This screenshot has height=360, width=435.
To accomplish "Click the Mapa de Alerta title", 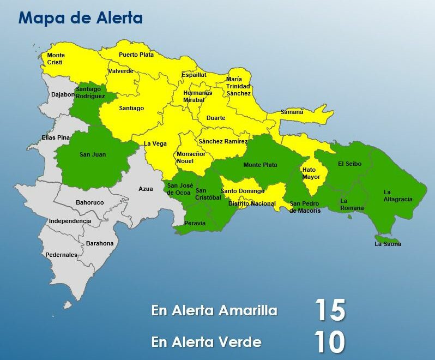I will click(81, 17).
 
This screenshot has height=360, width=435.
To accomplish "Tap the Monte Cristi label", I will click(56, 59).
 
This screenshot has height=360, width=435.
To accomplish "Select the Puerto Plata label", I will click(136, 55).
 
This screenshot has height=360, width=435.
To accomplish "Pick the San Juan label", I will click(93, 154).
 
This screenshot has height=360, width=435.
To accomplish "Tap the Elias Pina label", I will click(56, 138).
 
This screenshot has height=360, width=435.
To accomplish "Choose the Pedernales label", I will click(61, 255).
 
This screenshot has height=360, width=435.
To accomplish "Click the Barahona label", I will click(99, 243).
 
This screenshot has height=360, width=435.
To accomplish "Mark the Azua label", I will click(146, 189).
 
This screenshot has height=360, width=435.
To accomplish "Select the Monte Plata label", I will click(260, 165).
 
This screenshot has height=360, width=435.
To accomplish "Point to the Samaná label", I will click(292, 112).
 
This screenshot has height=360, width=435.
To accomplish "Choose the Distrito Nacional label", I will click(252, 203).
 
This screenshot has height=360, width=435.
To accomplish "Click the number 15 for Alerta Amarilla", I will click(330, 310).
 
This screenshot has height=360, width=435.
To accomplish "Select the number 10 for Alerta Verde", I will click(330, 342).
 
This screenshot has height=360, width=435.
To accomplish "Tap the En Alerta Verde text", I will click(206, 342).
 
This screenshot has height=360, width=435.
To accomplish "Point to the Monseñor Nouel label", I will click(191, 158).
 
